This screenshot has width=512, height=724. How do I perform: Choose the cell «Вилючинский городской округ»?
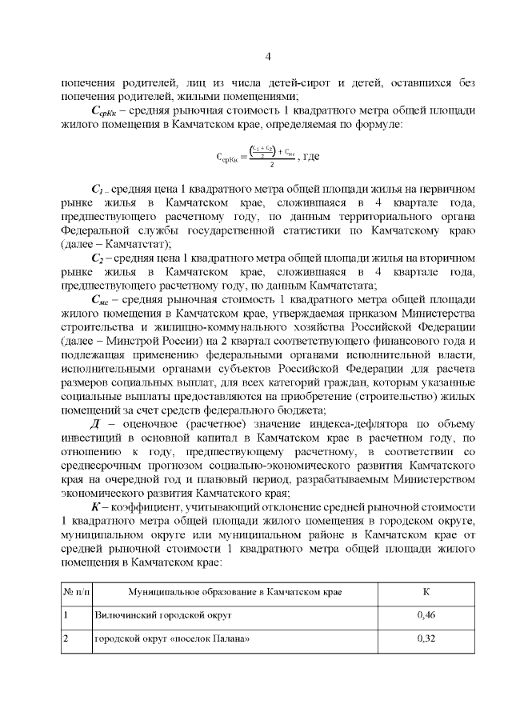[x=163, y=616]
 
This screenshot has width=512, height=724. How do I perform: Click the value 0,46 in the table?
[x=426, y=615]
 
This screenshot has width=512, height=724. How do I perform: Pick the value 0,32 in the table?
[x=426, y=640]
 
